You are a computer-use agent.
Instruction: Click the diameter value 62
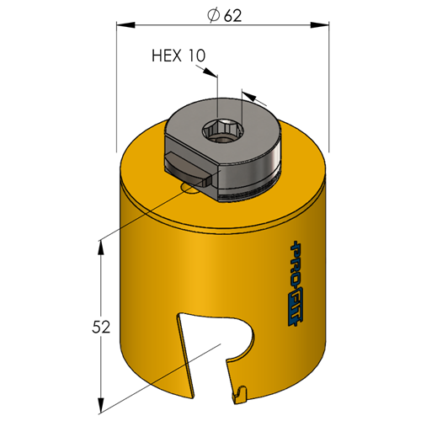(x=232, y=16)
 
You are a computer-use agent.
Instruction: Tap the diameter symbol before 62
(x=213, y=16)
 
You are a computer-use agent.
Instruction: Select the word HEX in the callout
(x=167, y=56)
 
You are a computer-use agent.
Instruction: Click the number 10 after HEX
(x=196, y=56)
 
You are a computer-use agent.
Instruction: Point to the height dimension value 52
(x=101, y=327)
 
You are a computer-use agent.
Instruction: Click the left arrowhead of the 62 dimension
(x=125, y=24)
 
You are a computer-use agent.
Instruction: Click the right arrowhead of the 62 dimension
(x=320, y=24)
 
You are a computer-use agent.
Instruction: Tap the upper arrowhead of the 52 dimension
(x=100, y=248)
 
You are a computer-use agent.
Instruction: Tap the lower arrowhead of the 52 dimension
(x=100, y=405)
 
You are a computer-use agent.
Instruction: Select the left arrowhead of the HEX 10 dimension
(x=210, y=72)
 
